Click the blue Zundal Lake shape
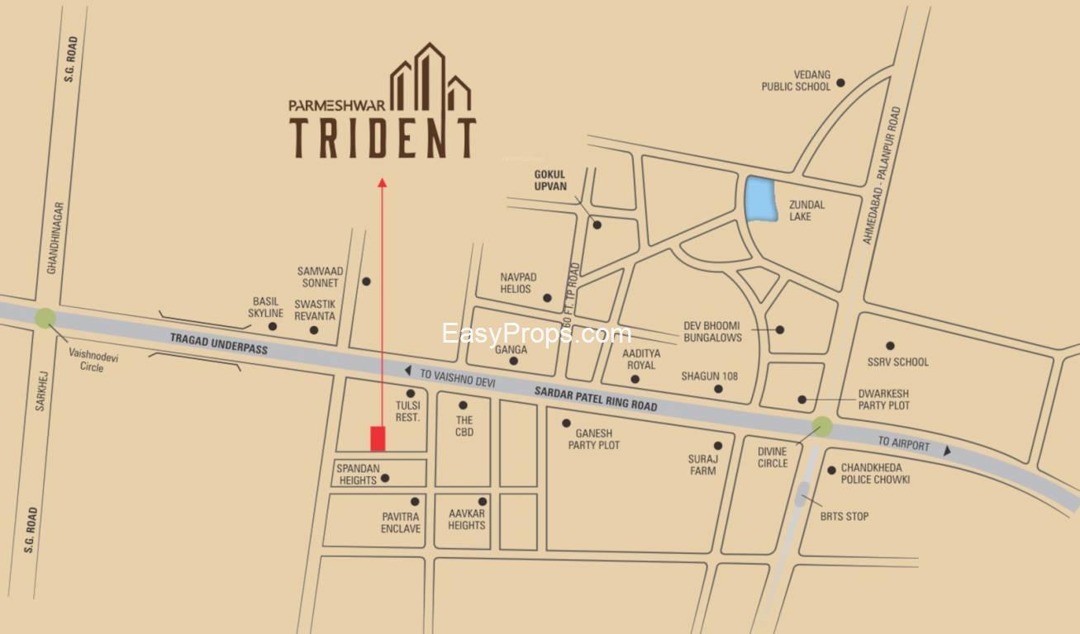click(x=761, y=199)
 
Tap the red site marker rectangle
click(x=378, y=438)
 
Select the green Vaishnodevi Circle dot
click(x=45, y=318)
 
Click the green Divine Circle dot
click(x=821, y=427)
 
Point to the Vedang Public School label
click(x=796, y=81)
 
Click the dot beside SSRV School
click(x=890, y=346)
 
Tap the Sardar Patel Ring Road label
click(x=596, y=400)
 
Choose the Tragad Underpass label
click(x=219, y=343)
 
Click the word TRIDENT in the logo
click(x=382, y=138)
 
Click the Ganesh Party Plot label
click(x=593, y=439)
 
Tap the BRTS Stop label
click(x=844, y=517)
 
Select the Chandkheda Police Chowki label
click(x=875, y=473)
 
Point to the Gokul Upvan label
click(x=550, y=180)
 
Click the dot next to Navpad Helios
click(x=547, y=298)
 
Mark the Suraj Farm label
click(x=702, y=464)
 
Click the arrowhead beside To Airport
click(x=947, y=451)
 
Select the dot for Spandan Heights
click(x=384, y=478)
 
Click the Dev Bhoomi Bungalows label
click(x=712, y=331)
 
